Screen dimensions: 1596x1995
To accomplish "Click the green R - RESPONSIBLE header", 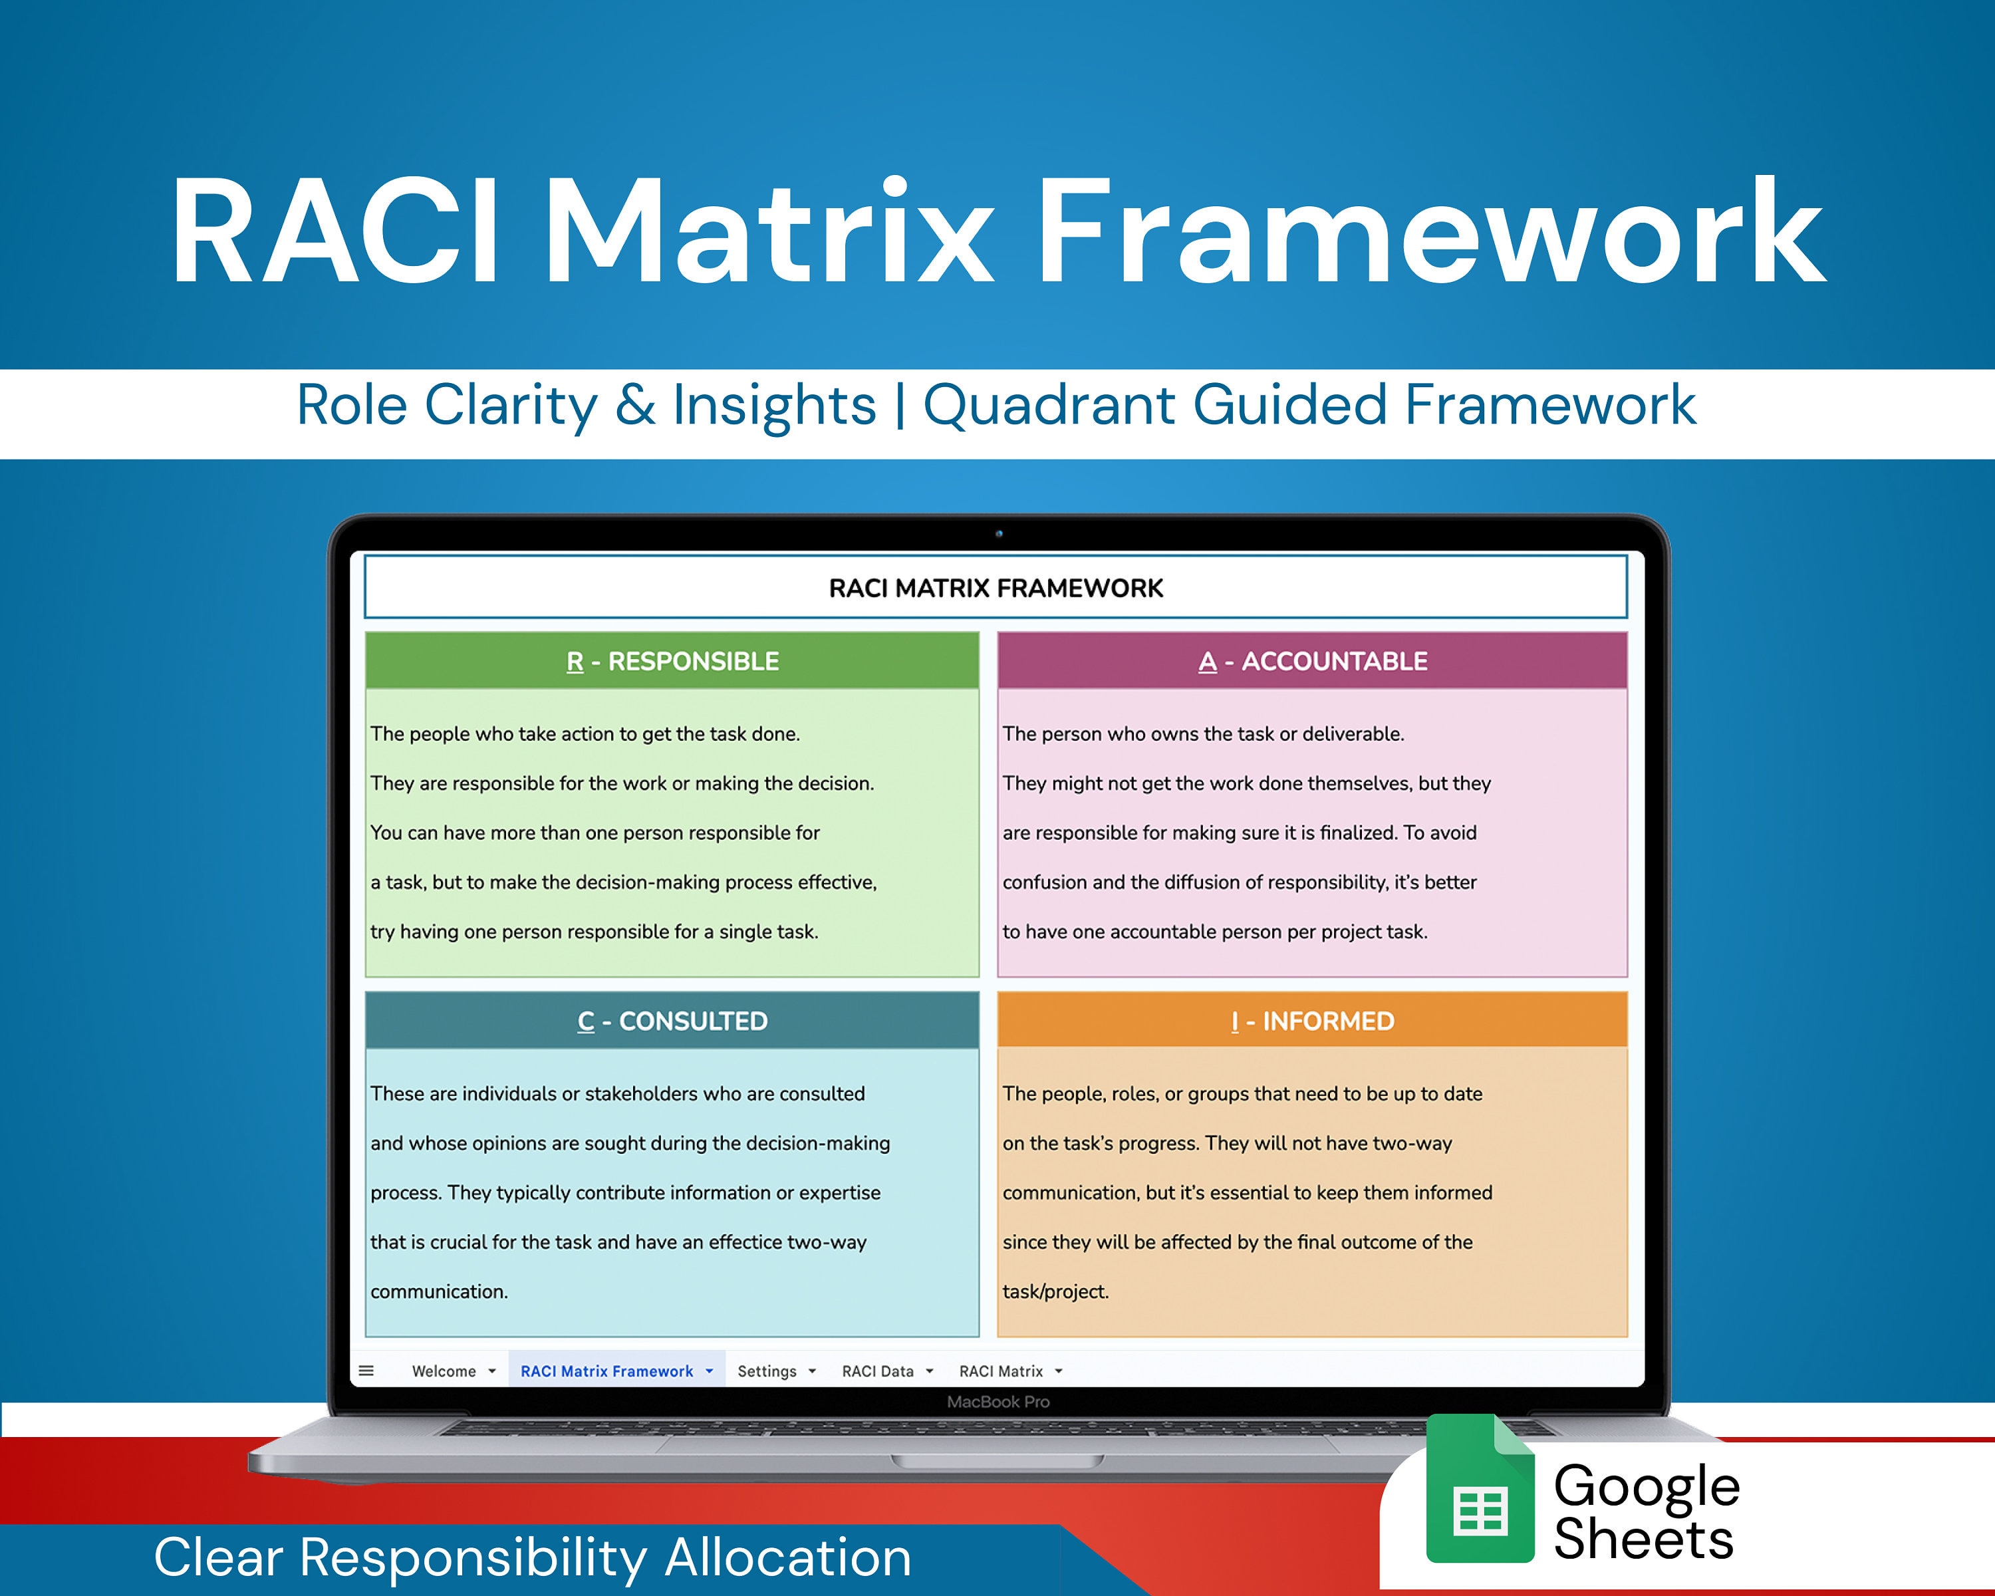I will click(x=672, y=660).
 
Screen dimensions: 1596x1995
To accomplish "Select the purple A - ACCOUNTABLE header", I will click(x=1312, y=660).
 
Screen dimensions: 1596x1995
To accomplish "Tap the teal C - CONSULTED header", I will click(x=672, y=1021).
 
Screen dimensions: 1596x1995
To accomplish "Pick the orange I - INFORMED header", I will click(x=1312, y=1021).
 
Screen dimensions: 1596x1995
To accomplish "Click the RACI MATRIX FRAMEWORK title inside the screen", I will click(x=996, y=589).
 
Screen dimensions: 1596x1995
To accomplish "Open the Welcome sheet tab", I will click(x=444, y=1371).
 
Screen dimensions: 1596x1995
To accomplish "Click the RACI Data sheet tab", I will click(x=877, y=1371).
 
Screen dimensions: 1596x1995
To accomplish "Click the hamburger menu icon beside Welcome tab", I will click(x=366, y=1371).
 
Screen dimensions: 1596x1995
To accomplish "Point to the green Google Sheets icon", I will click(x=1480, y=1489).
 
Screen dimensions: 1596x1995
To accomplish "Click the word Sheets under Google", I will click(x=1643, y=1539).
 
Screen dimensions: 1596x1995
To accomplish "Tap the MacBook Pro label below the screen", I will click(x=997, y=1402).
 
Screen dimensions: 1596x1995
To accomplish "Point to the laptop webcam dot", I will click(x=998, y=534).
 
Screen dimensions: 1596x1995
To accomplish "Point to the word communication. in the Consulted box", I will click(x=439, y=1291).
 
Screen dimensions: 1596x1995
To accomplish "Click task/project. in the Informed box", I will click(x=1055, y=1291).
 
